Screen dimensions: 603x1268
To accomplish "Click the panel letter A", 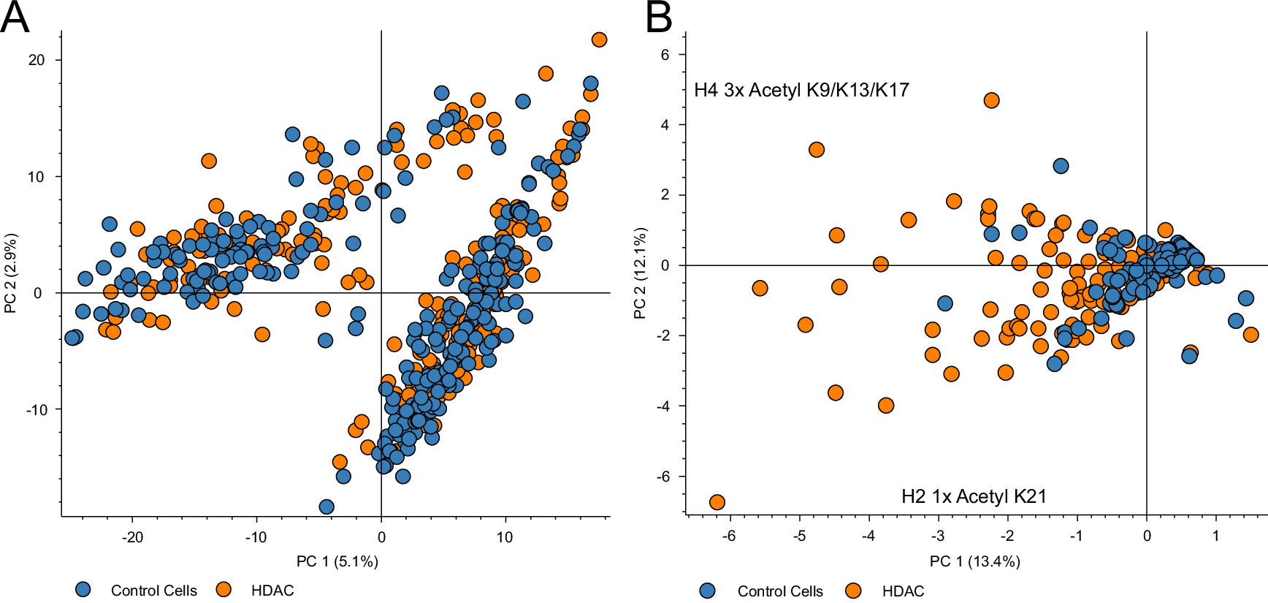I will (15, 18).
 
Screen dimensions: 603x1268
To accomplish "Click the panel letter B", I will (659, 18).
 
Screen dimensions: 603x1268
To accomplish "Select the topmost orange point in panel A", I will (599, 39).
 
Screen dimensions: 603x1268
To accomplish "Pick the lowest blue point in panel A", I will (326, 507).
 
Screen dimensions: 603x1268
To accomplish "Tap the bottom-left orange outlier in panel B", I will (717, 502).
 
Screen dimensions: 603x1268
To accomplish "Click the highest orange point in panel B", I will (991, 100).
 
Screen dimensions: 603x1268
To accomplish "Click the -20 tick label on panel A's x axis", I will (132, 537).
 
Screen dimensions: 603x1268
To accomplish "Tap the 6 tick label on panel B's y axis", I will (665, 55).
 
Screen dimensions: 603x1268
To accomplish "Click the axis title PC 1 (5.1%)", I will (337, 561).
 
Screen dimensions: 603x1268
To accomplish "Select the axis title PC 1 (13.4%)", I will (974, 561).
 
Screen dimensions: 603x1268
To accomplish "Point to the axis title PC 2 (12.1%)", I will (640, 273).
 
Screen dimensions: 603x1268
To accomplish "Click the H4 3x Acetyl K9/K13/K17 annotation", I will (801, 90).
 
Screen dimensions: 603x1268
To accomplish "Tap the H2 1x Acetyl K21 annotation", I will (974, 496).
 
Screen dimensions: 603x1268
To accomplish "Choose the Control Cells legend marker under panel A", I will (83, 589).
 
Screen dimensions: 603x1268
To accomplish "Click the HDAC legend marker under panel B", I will (852, 590).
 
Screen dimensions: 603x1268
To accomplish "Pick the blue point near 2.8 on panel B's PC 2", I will (1061, 166).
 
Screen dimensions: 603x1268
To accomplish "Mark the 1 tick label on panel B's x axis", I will (1215, 536).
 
